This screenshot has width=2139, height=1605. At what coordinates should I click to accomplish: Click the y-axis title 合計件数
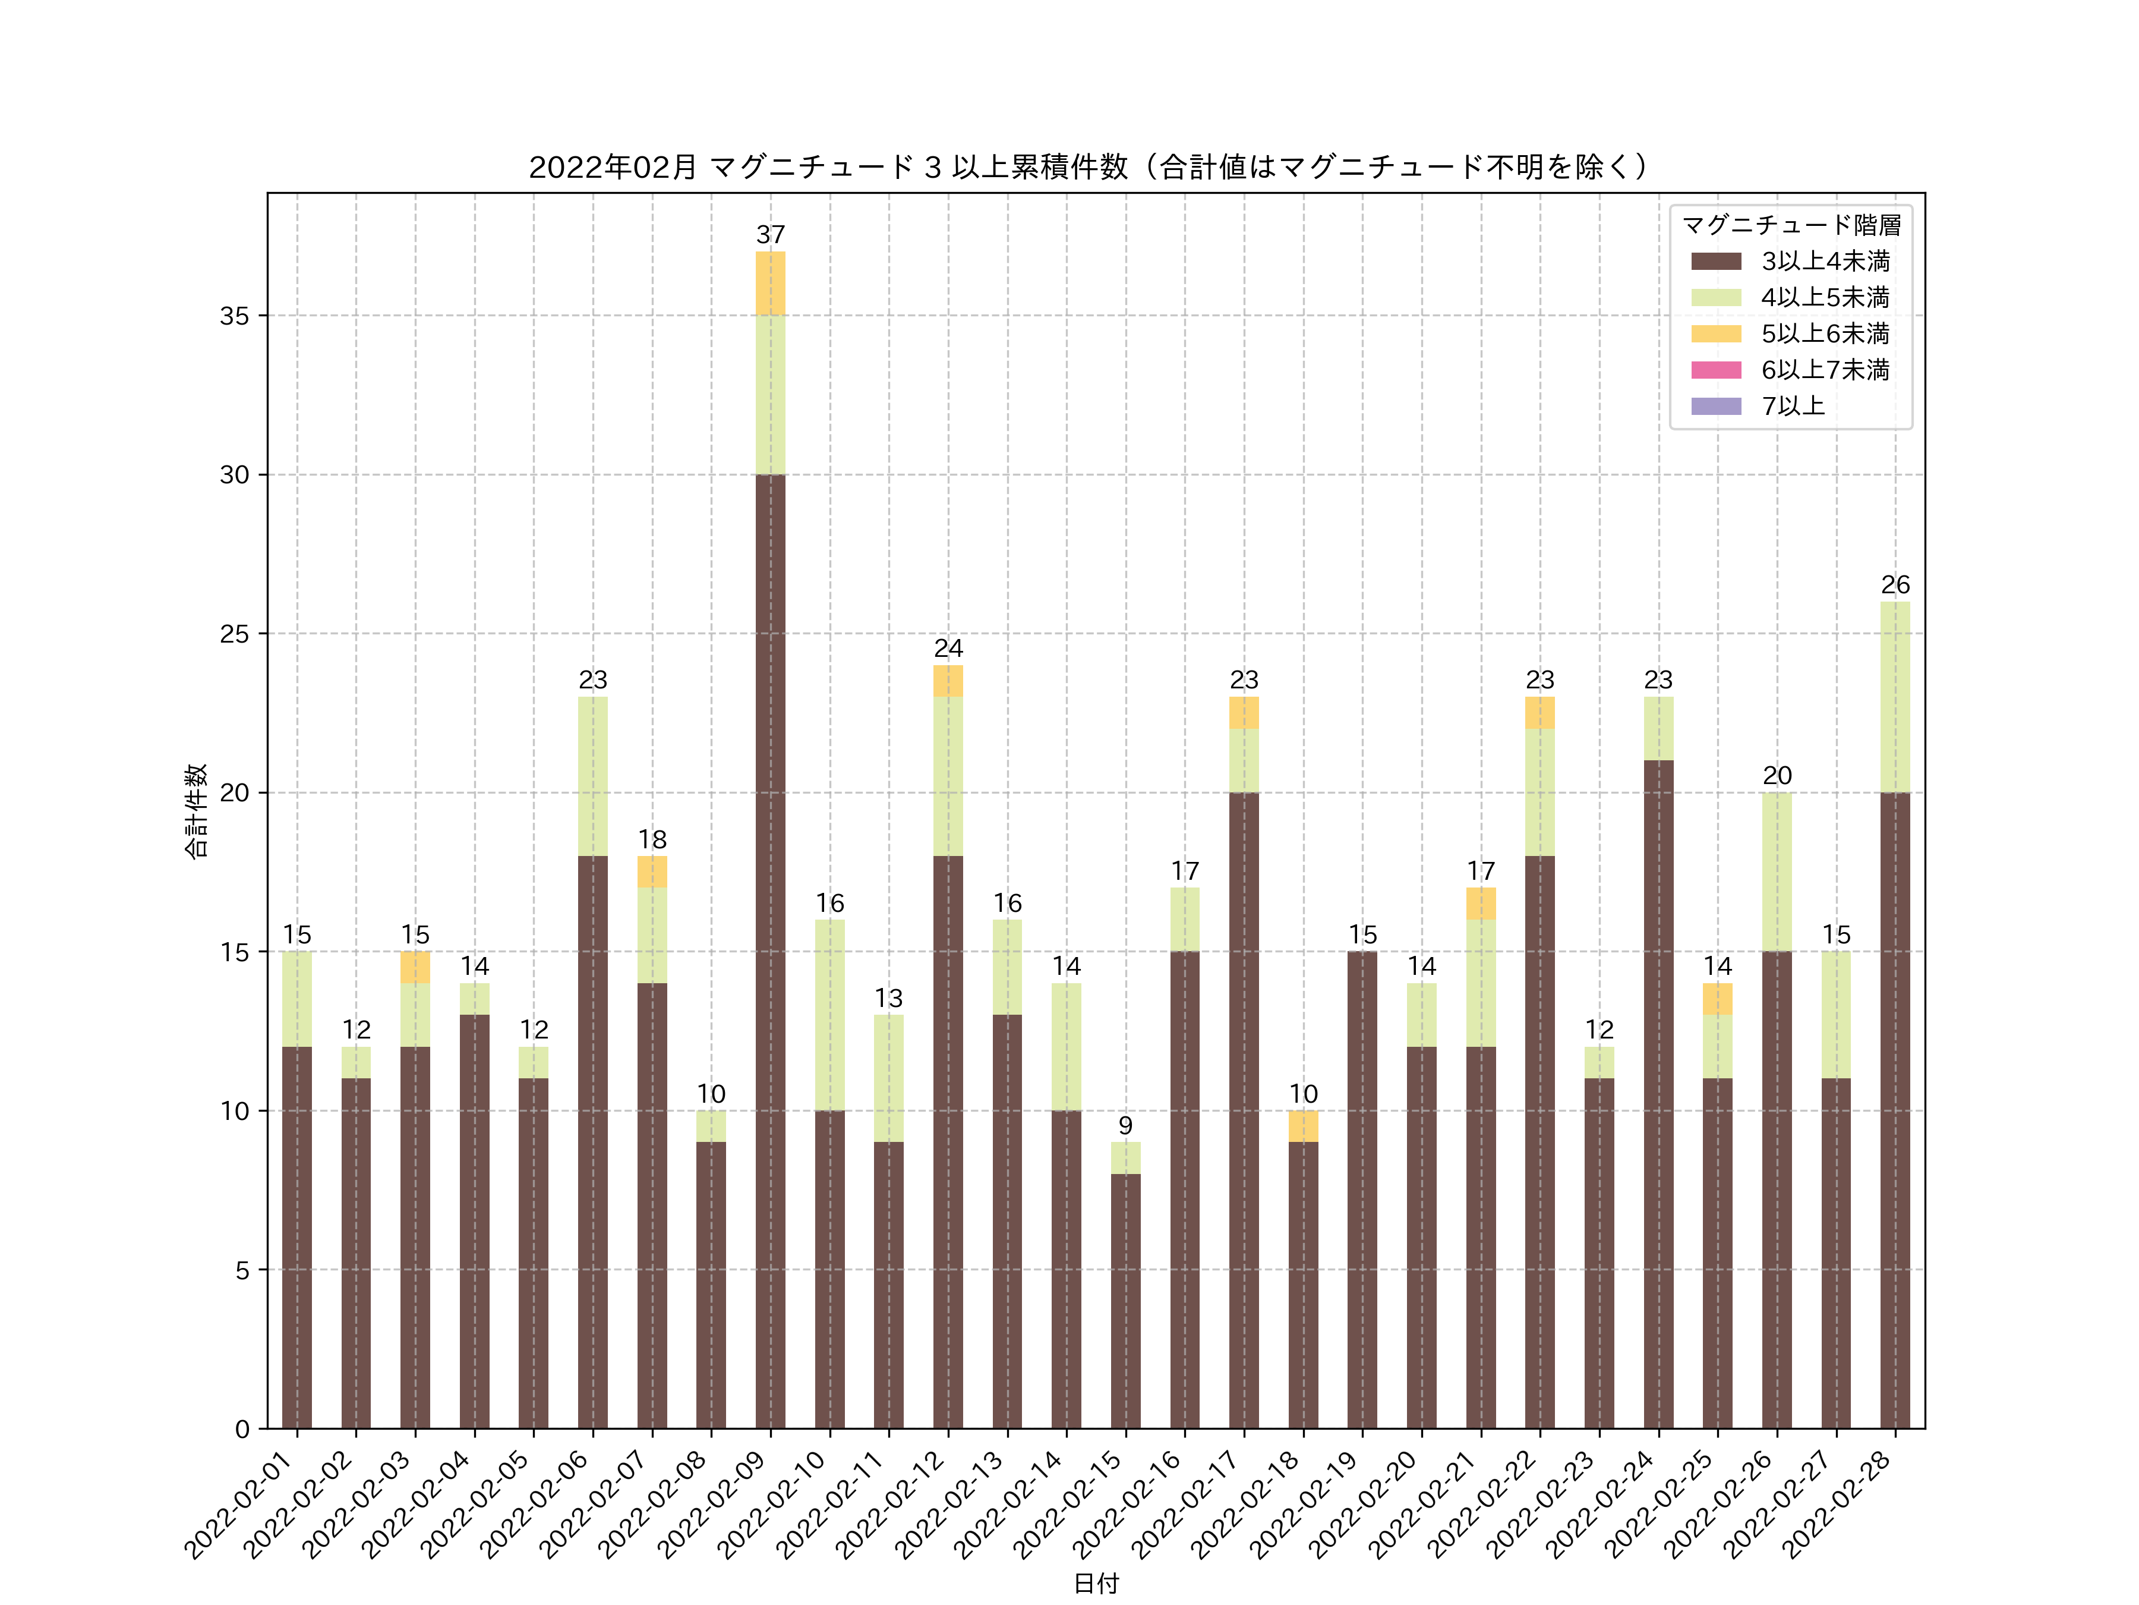tap(195, 811)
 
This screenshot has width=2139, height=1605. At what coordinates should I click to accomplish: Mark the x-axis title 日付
tap(1096, 1583)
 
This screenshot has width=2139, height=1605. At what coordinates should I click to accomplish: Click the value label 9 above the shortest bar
tap(1125, 1125)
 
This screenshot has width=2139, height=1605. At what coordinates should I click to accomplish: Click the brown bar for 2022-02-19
tap(1362, 1190)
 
